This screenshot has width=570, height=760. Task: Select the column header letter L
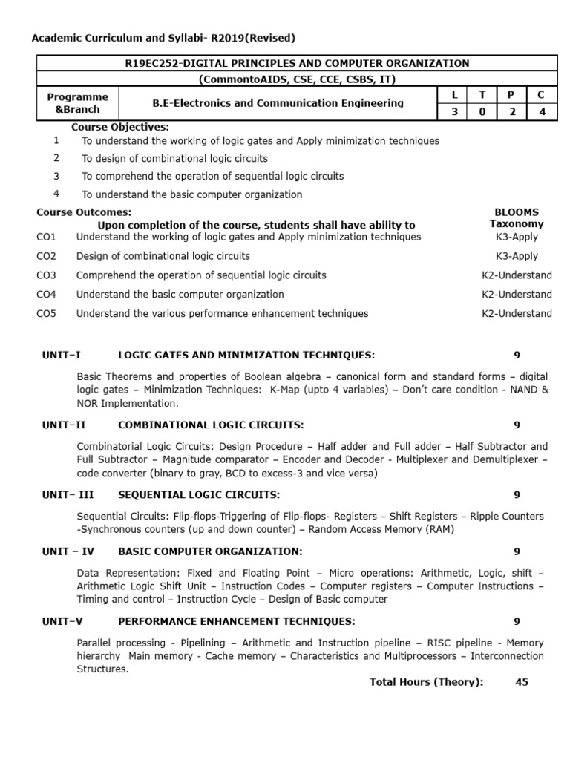coord(456,94)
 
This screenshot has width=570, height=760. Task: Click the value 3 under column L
coord(456,111)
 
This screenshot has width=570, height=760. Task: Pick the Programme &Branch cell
coord(77,103)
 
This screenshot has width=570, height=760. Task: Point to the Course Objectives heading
coord(120,127)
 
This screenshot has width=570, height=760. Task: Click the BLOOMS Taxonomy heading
coord(517,217)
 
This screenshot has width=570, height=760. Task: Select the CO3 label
coord(46,275)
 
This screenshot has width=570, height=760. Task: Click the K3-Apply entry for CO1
coord(517,237)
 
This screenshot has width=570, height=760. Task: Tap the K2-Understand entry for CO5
coord(517,313)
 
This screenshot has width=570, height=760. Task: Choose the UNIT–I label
coord(62,355)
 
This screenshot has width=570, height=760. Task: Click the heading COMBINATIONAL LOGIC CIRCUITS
coord(211,425)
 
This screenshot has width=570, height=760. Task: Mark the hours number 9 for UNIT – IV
coord(517,551)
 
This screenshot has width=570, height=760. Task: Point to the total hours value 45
coord(522,682)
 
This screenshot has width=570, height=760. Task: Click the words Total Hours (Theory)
coord(426,682)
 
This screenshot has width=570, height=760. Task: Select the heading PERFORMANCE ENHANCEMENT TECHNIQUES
coord(236,621)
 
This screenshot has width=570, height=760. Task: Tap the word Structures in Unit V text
coord(102,669)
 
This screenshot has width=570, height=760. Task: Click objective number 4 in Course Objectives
coord(56,194)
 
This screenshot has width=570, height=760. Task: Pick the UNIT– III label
coord(68,494)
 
